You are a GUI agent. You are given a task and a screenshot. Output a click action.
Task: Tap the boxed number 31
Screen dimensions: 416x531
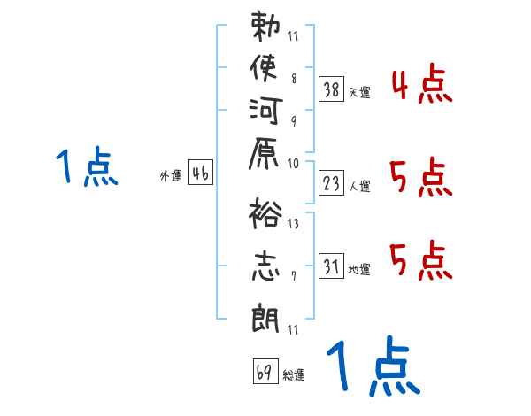click(x=331, y=265)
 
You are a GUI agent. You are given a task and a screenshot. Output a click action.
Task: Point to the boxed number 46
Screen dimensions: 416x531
click(x=199, y=173)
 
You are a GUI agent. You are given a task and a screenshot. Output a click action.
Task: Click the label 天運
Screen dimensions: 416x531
click(x=360, y=92)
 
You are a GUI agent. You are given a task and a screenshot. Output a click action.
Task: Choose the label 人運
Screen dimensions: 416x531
click(x=360, y=186)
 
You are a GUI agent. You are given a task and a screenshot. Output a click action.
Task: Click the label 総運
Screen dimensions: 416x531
click(x=294, y=375)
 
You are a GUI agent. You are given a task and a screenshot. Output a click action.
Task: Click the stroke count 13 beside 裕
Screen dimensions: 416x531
click(x=293, y=223)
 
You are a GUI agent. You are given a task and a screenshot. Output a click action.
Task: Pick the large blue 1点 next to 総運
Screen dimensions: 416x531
click(x=371, y=366)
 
